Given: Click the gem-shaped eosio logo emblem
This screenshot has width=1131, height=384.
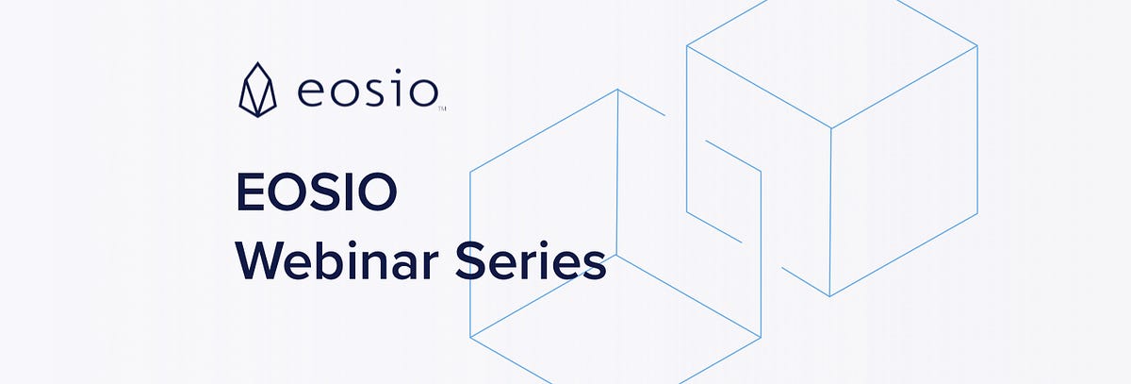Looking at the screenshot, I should pos(256,92).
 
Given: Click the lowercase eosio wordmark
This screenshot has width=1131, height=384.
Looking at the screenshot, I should pos(368,92).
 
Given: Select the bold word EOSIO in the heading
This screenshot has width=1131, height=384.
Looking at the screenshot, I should pos(316,192).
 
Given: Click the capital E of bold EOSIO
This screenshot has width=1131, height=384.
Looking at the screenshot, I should pos(248,192).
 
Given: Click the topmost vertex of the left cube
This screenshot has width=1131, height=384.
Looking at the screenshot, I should pos(617,90).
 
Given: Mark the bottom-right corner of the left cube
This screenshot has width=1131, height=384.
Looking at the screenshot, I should pos(761,335).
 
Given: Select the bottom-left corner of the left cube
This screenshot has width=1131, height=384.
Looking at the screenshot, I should pos(470,335).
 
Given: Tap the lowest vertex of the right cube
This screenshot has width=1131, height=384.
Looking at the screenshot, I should pos(829,295).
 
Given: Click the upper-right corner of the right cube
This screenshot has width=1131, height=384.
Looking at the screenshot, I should pos(977,44).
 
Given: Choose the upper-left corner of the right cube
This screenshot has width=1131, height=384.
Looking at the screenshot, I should pos(687,44).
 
